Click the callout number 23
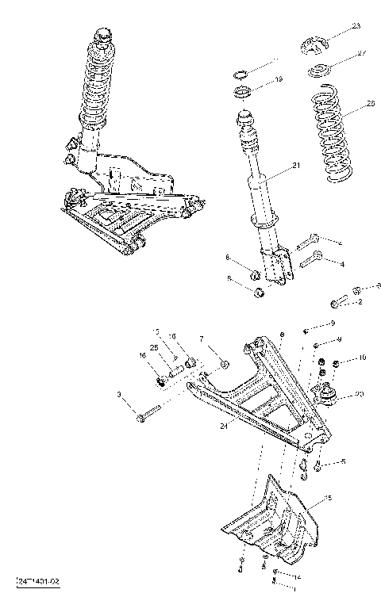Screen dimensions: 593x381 point(356,27)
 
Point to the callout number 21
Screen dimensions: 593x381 point(297,166)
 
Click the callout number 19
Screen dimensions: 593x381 point(279,79)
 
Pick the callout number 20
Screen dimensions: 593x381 point(360,394)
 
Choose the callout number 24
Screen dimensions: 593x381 point(225,426)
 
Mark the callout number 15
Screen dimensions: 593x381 point(329,498)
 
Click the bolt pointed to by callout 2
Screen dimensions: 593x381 point(339,302)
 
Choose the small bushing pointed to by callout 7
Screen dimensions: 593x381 point(224,364)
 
